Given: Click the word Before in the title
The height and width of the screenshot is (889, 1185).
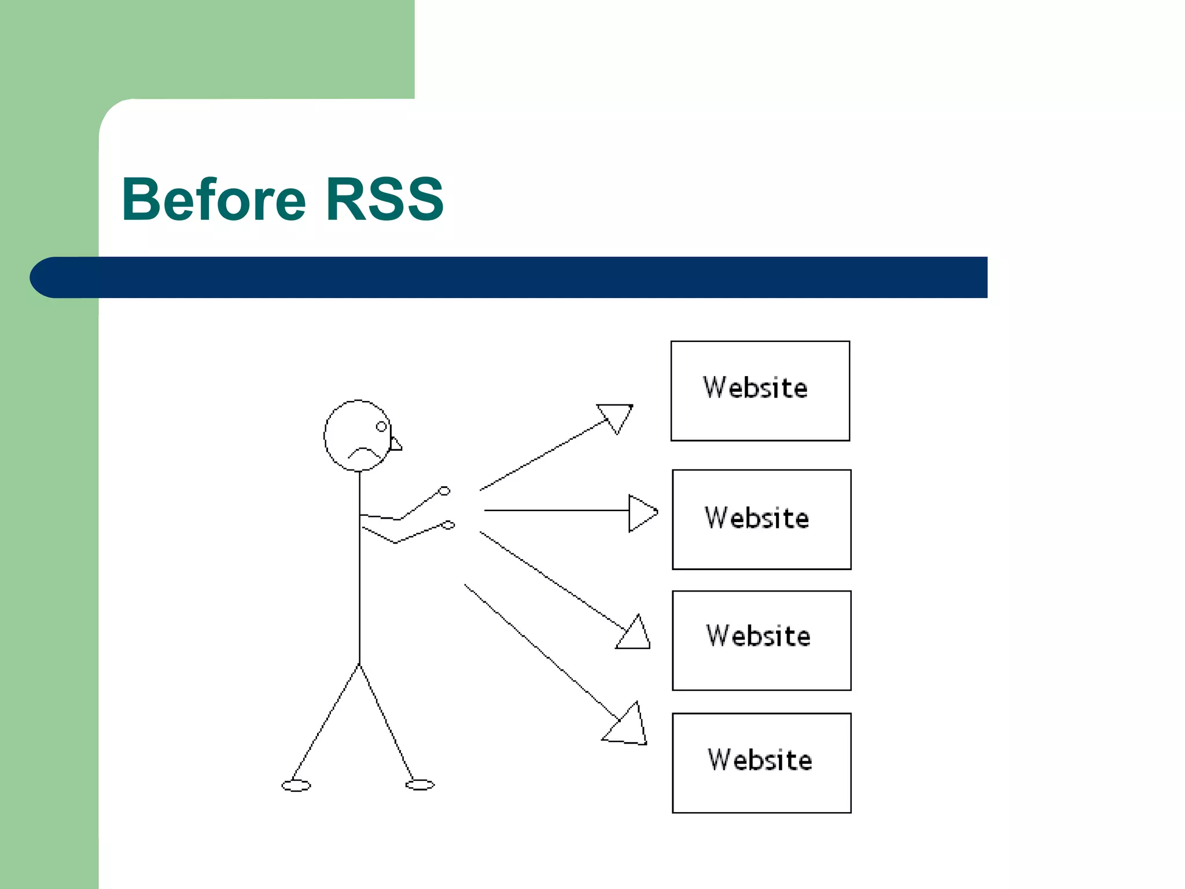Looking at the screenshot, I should click(x=214, y=200).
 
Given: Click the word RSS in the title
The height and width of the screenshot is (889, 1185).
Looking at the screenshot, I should click(x=384, y=200).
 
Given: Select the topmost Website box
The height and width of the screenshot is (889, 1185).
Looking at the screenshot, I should click(x=760, y=391).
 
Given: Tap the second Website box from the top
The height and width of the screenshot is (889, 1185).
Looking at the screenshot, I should click(x=761, y=519).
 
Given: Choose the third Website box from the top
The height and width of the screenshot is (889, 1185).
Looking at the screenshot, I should click(x=761, y=640).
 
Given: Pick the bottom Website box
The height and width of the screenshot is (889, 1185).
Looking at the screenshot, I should click(x=761, y=763).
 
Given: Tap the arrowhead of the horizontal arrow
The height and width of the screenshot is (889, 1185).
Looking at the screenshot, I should click(x=641, y=513).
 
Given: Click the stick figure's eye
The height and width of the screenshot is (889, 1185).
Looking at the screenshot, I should click(x=381, y=427).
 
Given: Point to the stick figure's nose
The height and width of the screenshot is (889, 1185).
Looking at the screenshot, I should click(x=396, y=444).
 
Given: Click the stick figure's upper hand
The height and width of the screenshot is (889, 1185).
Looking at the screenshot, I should click(x=444, y=491).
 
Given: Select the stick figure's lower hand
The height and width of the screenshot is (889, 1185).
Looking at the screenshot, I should click(x=448, y=525).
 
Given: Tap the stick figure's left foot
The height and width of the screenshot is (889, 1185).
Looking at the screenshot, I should click(x=296, y=785).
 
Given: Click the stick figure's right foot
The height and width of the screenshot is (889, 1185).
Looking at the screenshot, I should click(x=420, y=785).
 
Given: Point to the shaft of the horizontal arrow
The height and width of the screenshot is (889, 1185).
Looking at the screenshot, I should click(x=555, y=510).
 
